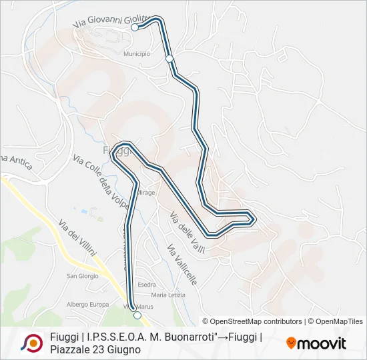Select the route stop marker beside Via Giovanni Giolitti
pyautogui.click(x=135, y=27)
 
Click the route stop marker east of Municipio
pyautogui.click(x=169, y=59)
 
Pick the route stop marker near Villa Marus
pyautogui.click(x=137, y=315)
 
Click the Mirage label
pyautogui.click(x=146, y=192)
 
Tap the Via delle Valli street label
pyautogui.click(x=187, y=231)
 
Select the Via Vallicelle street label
pyautogui.click(x=182, y=265)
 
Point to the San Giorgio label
pyautogui.click(x=83, y=276)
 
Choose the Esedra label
pyautogui.click(x=147, y=285)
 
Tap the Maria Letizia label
pyautogui.click(x=168, y=295)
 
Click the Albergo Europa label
pyautogui.click(x=87, y=305)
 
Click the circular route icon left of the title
pyautogui.click(x=32, y=343)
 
